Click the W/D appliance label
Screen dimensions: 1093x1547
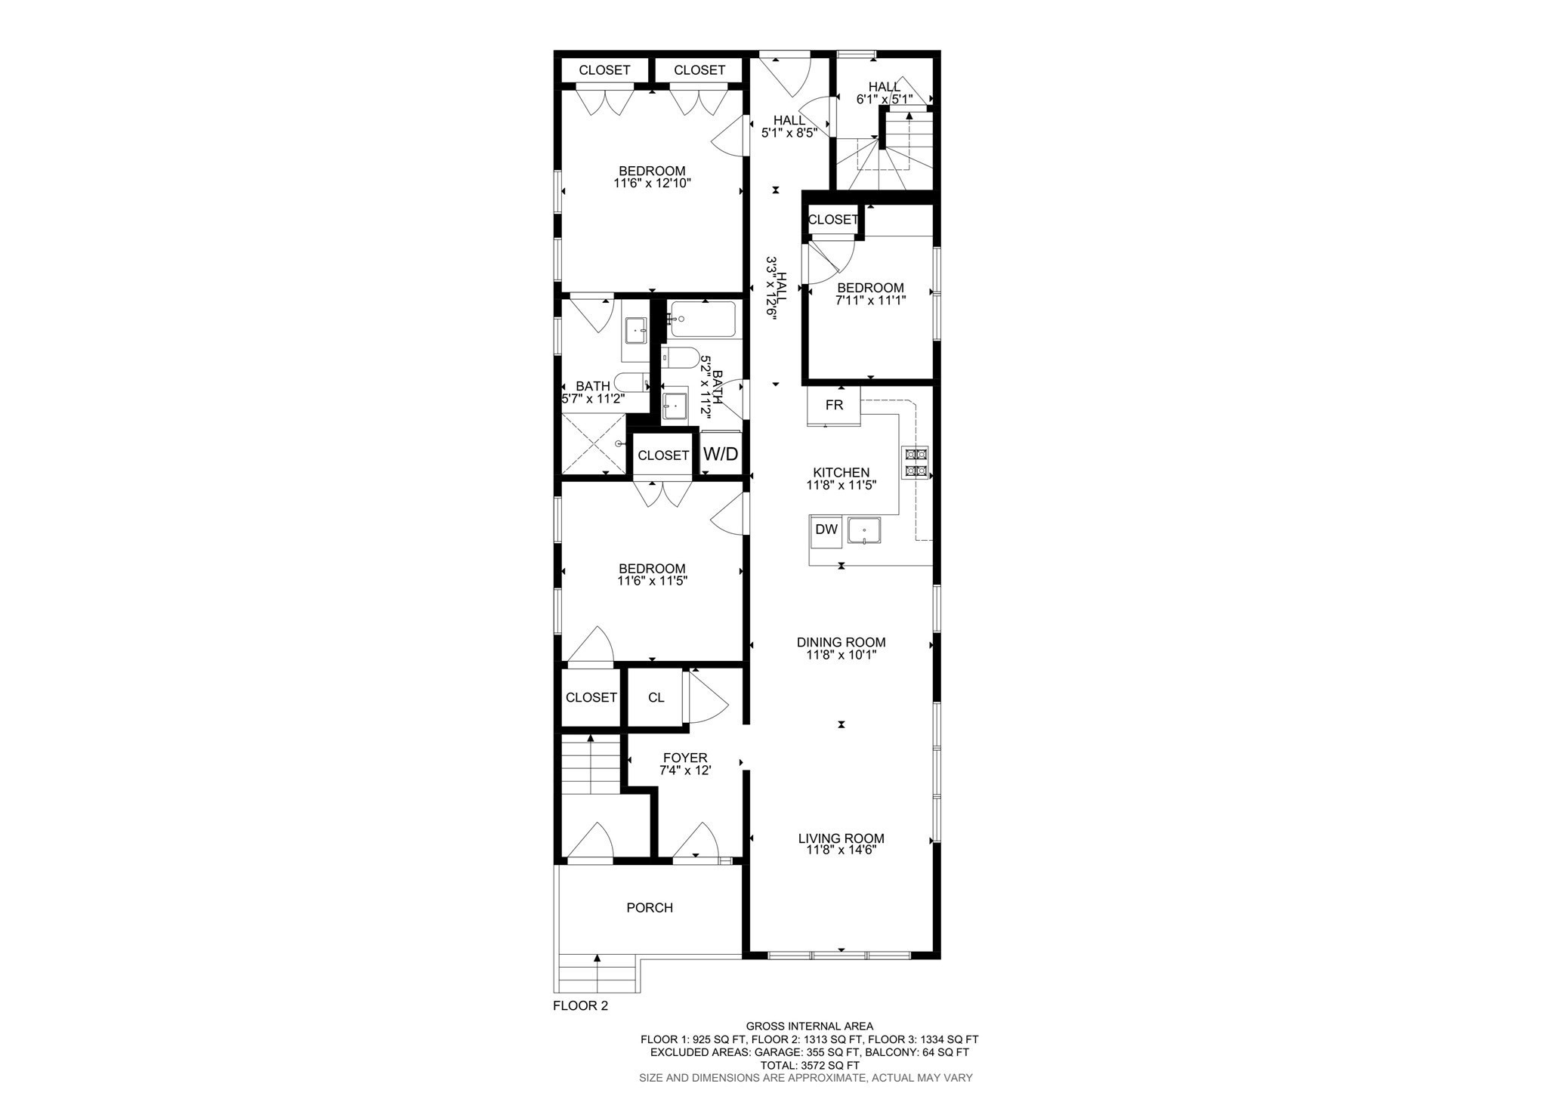(x=721, y=454)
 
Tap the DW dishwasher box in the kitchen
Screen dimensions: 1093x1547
(x=826, y=530)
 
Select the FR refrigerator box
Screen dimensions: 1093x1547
(x=834, y=406)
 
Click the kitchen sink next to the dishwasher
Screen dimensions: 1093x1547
(x=864, y=530)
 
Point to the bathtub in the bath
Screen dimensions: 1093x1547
(x=702, y=320)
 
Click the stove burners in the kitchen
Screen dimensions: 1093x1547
(x=916, y=462)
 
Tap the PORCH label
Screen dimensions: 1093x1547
(x=650, y=908)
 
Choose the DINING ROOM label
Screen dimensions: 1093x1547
(x=841, y=643)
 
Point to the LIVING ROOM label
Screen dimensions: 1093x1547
(x=841, y=838)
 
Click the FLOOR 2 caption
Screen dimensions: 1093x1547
(x=580, y=1006)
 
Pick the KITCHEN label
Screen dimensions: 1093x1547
(x=841, y=473)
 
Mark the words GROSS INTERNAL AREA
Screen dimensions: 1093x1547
(x=809, y=1027)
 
